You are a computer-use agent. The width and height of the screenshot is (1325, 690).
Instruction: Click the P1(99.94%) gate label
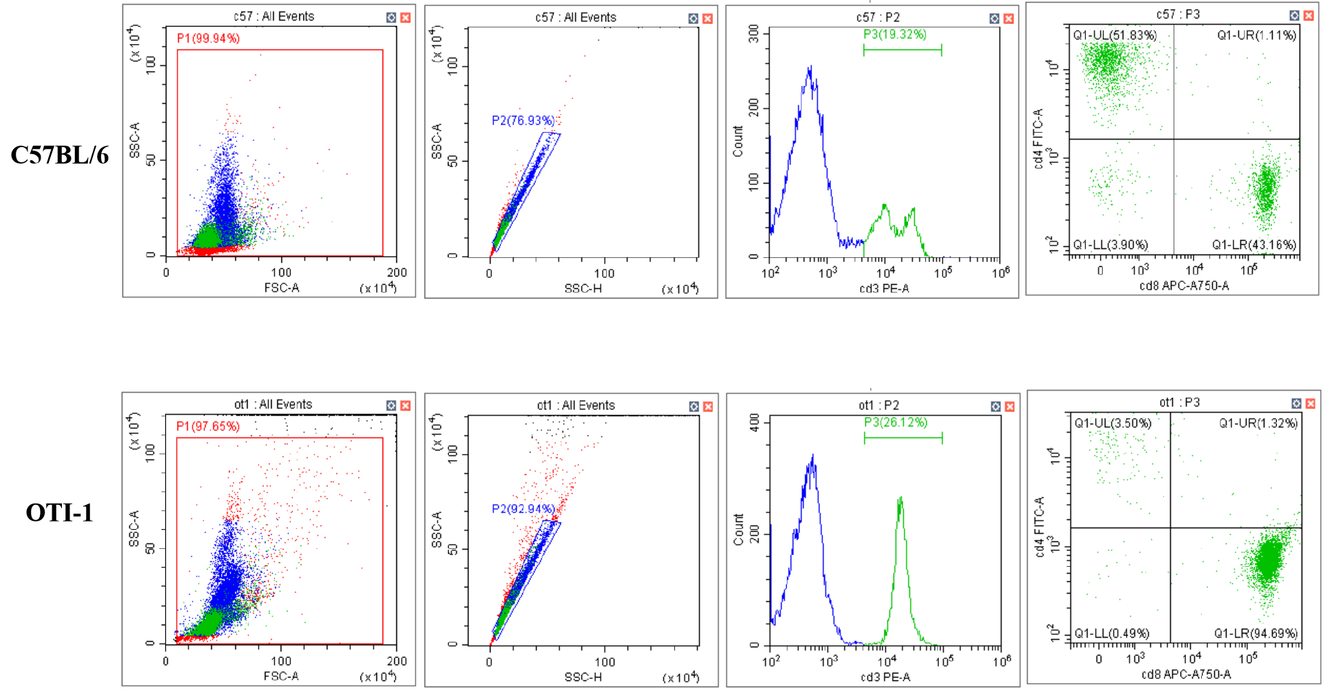click(x=208, y=39)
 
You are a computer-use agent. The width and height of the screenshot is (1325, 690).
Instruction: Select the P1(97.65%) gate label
click(x=208, y=427)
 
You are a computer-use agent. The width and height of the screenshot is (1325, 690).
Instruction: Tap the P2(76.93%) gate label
click(x=523, y=121)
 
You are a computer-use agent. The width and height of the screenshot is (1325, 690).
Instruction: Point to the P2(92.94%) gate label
click(x=523, y=509)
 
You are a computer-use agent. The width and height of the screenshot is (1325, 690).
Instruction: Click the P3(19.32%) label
click(x=895, y=34)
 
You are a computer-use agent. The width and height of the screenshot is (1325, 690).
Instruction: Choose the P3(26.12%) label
click(x=896, y=422)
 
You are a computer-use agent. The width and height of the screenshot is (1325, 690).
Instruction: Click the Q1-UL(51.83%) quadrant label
click(x=1115, y=35)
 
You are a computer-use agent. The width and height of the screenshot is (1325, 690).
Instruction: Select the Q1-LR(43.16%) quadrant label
click(x=1254, y=245)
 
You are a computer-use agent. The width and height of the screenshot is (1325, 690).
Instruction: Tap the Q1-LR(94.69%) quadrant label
click(x=1256, y=634)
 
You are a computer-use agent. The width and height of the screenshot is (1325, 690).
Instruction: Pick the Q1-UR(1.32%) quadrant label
click(x=1258, y=424)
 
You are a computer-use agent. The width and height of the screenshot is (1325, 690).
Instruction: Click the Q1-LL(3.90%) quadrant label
click(x=1110, y=245)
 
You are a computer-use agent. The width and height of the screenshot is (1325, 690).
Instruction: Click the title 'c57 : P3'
click(x=1178, y=14)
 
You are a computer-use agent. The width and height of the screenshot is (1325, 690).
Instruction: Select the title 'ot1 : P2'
click(x=879, y=405)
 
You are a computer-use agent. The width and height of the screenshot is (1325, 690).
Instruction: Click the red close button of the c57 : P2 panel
click(x=1009, y=19)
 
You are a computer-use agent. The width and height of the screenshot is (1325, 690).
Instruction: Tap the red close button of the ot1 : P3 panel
click(x=1311, y=404)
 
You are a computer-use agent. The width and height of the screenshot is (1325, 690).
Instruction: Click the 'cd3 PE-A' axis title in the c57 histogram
click(x=884, y=288)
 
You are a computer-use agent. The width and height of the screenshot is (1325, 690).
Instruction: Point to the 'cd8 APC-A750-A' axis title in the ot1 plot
click(x=1186, y=674)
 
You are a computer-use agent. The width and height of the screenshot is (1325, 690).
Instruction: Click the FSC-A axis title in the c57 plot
click(x=281, y=288)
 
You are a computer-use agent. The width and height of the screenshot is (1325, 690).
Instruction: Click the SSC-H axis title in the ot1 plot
click(x=583, y=677)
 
